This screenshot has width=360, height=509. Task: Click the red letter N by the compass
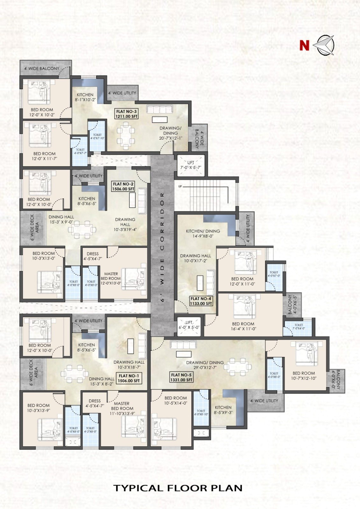tap(304, 45)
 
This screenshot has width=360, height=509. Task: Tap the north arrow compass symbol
tap(324, 45)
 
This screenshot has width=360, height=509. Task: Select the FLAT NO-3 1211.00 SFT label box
tap(127, 114)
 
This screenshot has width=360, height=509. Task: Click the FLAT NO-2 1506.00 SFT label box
tap(123, 186)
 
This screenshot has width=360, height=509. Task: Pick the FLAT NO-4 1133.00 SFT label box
tap(201, 301)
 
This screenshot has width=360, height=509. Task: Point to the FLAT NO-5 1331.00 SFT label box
tap(181, 377)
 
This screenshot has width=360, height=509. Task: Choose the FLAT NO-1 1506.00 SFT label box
tap(129, 378)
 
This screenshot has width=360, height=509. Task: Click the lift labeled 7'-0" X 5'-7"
tap(191, 165)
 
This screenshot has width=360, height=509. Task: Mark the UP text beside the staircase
tap(180, 186)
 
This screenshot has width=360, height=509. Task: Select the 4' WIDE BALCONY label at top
tap(42, 68)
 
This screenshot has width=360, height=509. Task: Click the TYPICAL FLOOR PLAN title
tap(178, 488)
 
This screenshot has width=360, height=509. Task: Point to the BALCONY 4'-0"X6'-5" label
tap(292, 305)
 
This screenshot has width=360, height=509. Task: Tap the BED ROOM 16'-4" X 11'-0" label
tap(243, 326)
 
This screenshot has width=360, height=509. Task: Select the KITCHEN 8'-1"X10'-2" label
tap(85, 97)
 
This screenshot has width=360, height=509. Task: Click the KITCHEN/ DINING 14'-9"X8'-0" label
tap(203, 234)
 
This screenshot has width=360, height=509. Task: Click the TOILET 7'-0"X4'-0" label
tap(299, 327)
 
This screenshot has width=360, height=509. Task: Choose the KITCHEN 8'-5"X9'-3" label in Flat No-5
tap(223, 409)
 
